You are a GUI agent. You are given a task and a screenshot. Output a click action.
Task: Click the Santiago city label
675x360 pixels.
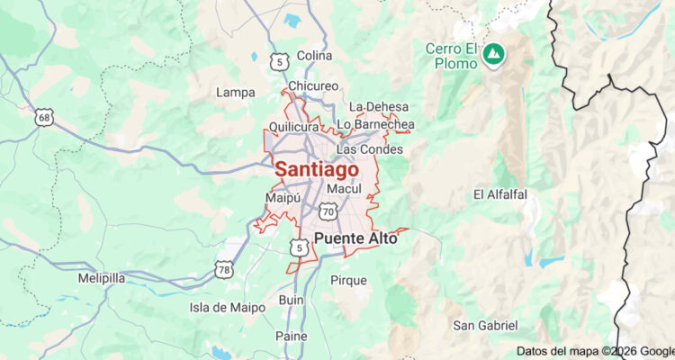click(316, 169)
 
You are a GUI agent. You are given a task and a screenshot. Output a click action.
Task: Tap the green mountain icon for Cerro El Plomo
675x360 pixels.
click(492, 54)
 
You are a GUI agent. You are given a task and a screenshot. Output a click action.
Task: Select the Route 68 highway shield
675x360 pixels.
click(45, 117)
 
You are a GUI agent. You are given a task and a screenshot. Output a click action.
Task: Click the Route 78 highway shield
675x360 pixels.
click(224, 268)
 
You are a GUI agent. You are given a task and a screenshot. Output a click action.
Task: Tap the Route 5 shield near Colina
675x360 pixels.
click(282, 61)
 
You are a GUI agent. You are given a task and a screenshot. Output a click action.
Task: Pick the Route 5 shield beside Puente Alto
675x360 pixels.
click(298, 246)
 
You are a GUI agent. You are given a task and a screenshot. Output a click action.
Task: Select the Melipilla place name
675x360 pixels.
click(102, 278)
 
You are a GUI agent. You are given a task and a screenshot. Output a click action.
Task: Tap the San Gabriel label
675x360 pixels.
click(485, 325)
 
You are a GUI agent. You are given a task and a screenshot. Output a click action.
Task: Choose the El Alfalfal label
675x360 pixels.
click(500, 194)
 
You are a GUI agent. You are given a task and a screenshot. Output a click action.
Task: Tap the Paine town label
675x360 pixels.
click(292, 336)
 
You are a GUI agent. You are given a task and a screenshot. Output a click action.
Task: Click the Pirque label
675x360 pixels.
click(348, 281)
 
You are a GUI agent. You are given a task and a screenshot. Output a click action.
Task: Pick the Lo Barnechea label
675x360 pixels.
click(375, 123)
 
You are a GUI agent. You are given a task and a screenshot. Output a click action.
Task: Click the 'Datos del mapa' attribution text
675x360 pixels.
click(558, 351)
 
